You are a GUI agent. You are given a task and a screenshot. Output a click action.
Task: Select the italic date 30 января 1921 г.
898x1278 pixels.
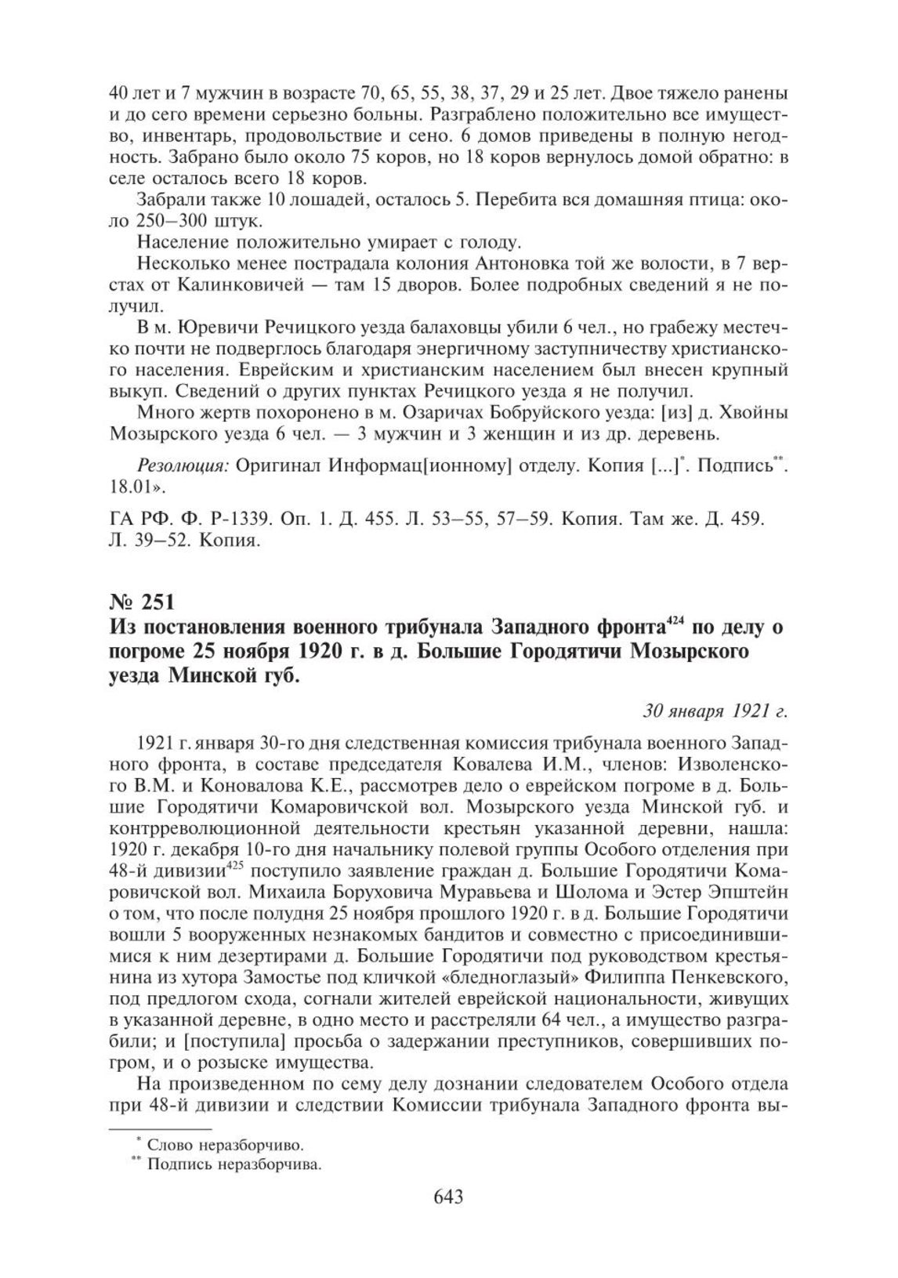715,712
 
